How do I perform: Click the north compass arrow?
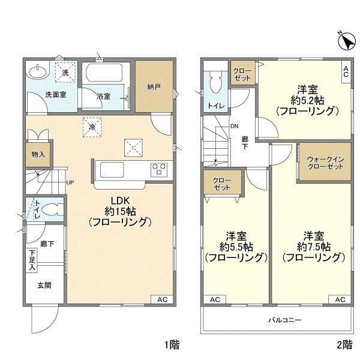349,42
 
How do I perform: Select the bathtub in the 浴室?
104,72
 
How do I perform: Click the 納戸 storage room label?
154,87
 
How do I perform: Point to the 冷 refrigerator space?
92,127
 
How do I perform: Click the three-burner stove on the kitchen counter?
158,169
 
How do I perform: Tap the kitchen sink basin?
112,170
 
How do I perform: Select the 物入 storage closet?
38,155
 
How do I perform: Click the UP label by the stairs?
70,182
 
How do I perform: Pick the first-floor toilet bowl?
51,209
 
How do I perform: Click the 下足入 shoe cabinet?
32,261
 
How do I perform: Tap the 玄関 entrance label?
44,286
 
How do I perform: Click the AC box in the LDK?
162,299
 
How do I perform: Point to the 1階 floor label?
172,345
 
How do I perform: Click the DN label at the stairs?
235,126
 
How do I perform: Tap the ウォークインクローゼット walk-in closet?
325,163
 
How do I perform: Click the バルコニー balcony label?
285,320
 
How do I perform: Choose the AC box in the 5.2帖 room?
346,72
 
